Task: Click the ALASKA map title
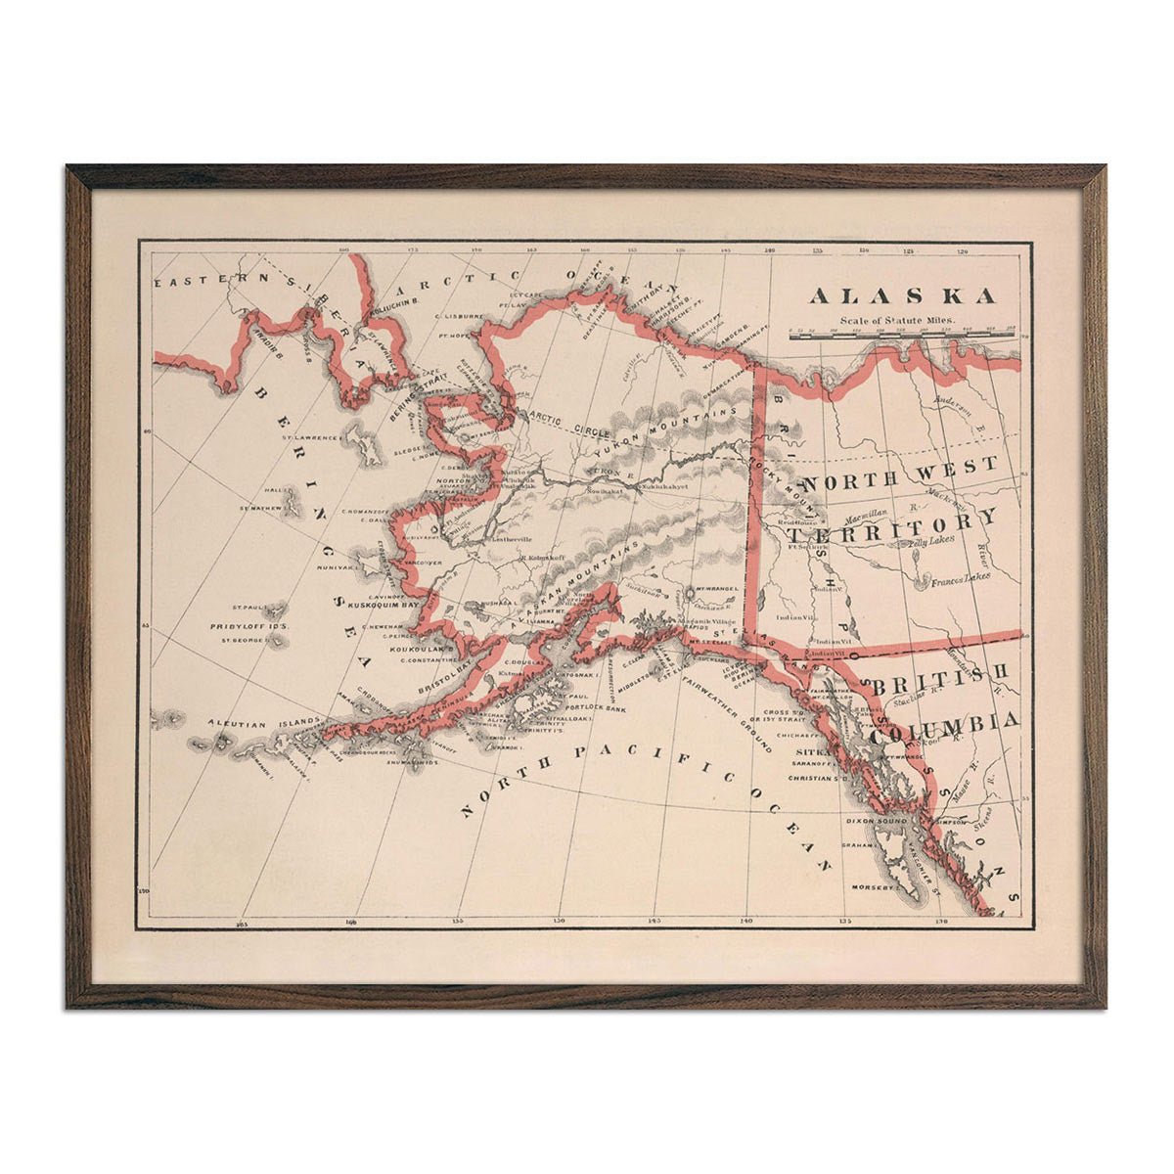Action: tap(902, 295)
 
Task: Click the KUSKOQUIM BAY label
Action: tap(376, 606)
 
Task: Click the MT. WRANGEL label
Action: tap(710, 592)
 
